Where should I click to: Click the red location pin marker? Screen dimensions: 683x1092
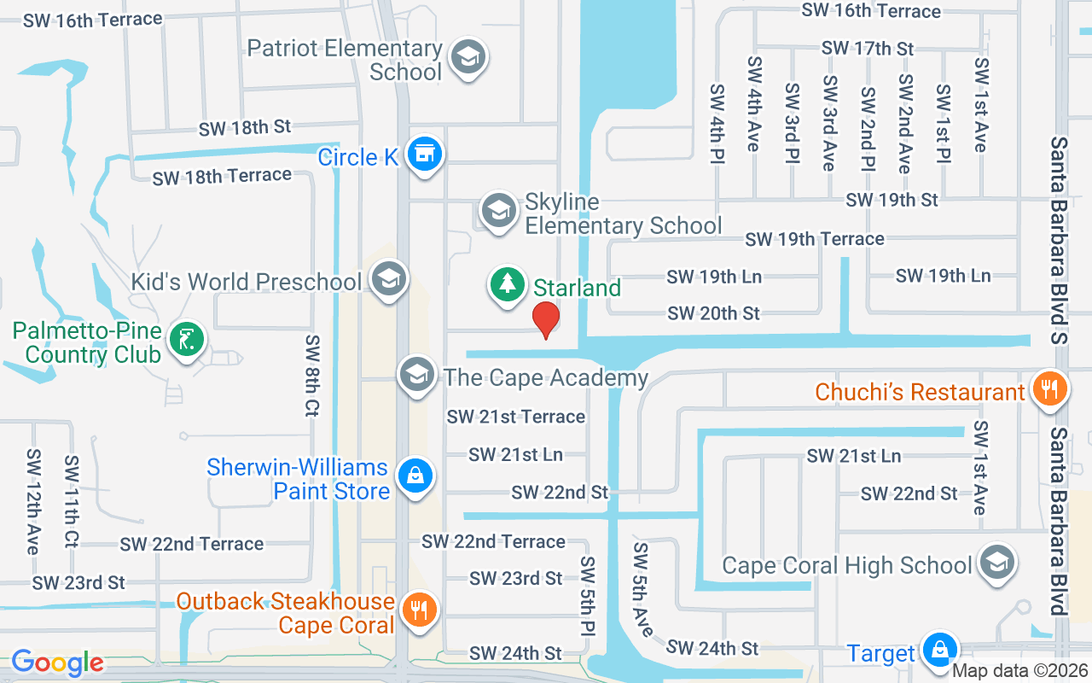click(x=545, y=319)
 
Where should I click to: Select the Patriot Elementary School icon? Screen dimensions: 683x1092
click(x=467, y=58)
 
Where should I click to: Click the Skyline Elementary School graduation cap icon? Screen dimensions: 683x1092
click(x=498, y=210)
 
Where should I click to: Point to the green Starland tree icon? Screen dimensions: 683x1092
click(x=508, y=284)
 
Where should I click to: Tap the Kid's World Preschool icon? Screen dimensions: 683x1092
click(x=389, y=279)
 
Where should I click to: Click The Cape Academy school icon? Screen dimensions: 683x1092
click(x=416, y=374)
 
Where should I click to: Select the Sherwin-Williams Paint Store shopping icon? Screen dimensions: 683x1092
click(x=415, y=476)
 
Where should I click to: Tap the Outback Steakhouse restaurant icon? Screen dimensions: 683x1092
click(x=417, y=610)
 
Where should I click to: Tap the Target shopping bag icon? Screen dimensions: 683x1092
click(x=938, y=651)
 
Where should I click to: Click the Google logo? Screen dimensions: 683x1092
click(x=57, y=663)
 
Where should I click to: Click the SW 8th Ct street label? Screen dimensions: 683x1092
click(x=312, y=376)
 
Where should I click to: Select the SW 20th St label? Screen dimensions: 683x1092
click(x=713, y=313)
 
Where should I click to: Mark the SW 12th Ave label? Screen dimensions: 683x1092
click(x=33, y=501)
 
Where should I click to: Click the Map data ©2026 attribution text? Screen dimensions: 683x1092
click(x=1019, y=671)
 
